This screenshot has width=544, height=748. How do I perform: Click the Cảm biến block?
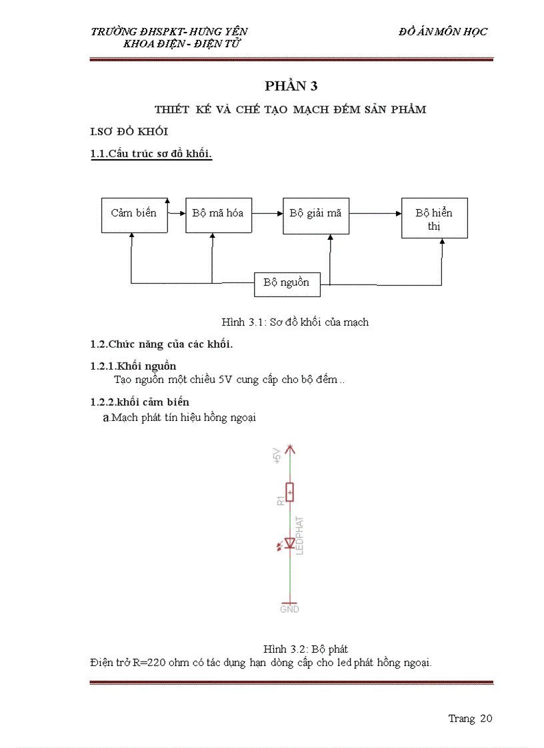point(133,214)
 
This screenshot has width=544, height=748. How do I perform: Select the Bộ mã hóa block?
point(218,214)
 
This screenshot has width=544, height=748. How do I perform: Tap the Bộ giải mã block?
point(315,214)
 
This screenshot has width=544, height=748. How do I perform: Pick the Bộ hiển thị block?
point(434,218)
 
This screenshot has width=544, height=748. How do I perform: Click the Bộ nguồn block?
point(287,283)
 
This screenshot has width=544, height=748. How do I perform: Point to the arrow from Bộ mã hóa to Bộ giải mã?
point(267,214)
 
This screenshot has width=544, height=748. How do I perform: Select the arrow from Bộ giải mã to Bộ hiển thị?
point(375,214)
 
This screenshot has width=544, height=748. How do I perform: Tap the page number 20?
point(485,718)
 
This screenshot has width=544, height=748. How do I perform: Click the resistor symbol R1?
point(290,492)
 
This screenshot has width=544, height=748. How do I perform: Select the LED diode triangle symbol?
point(290,544)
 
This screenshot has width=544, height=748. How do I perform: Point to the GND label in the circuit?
point(290,609)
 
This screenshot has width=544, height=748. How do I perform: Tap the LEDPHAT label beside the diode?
point(300,536)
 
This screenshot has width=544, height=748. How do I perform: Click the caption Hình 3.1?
point(295,322)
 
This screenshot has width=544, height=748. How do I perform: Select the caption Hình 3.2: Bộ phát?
point(305,649)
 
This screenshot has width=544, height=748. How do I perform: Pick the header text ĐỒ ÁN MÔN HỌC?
point(443,31)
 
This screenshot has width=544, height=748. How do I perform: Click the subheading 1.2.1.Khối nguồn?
point(133,366)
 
